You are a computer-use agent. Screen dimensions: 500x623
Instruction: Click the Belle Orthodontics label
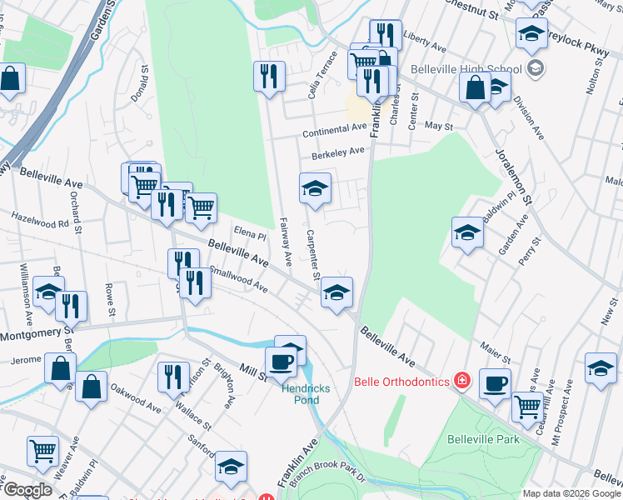tap(403, 382)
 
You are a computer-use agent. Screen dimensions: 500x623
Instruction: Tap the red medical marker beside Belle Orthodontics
tap(462, 382)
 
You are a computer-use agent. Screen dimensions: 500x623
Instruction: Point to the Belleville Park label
tap(483, 439)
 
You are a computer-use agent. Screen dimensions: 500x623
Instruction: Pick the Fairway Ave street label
tap(283, 242)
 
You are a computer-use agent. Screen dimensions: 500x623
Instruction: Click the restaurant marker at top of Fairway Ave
tap(269, 77)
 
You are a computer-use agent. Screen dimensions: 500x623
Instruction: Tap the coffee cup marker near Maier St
tap(496, 384)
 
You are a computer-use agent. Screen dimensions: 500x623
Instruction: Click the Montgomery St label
tap(32, 335)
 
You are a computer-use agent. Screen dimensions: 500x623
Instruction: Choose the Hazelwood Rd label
tap(39, 223)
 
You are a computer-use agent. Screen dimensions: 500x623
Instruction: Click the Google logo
tap(27, 490)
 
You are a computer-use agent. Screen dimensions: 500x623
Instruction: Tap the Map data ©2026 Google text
tap(571, 493)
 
